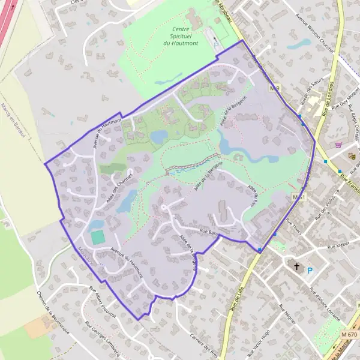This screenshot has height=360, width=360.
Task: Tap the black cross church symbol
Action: pos(295,266)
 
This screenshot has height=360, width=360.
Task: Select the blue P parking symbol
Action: pos(310,271)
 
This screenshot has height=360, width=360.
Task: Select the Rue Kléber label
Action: pos(338,247)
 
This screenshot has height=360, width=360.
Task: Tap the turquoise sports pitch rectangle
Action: pos(97,237)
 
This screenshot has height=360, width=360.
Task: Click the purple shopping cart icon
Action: pos(339,145)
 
